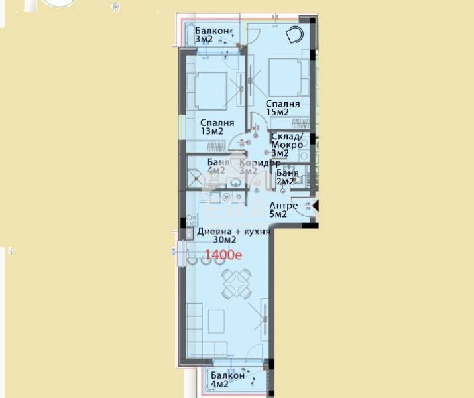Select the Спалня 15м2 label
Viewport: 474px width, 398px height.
[x=283, y=108]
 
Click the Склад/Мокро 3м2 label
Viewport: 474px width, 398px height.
[x=287, y=145]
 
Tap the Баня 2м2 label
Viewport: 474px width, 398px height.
[x=287, y=177]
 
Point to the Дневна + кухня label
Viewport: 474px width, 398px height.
[x=233, y=232]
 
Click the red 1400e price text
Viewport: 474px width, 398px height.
[x=223, y=254]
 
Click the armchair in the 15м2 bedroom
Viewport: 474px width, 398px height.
[x=294, y=35]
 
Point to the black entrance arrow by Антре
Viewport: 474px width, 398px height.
[x=316, y=208]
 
